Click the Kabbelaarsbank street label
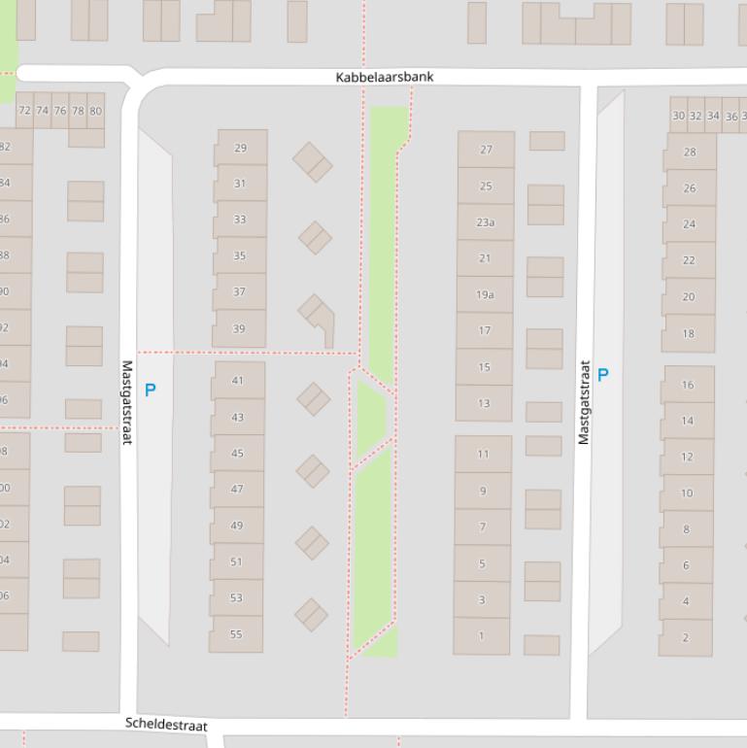coord(385,77)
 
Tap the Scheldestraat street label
coord(166,725)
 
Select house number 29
coord(240,149)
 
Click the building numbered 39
coord(239,329)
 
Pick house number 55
coord(236,633)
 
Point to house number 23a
coord(485,222)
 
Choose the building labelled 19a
coord(485,294)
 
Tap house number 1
coord(481,636)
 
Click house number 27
coord(486,150)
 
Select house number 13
coord(484,403)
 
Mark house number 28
coord(690,152)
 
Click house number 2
coord(685,637)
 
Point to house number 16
coord(688,385)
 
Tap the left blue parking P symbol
coord(150,391)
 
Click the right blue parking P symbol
coord(603,375)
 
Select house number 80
coord(95,111)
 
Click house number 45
coord(237,453)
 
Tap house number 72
coord(24,111)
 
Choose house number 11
coord(483,454)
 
